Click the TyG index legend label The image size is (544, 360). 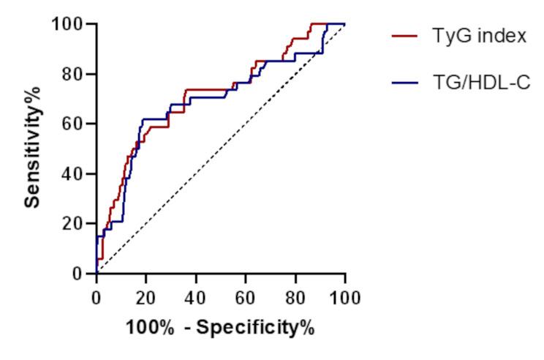[x=479, y=36]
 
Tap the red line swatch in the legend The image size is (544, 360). [x=405, y=36]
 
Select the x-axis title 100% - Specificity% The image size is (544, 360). [x=219, y=327]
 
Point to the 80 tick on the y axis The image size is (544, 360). [x=73, y=74]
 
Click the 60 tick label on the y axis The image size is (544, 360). [x=73, y=124]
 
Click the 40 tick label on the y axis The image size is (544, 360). [x=73, y=173]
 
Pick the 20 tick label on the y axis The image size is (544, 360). [x=73, y=223]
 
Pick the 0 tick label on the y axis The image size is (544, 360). [x=78, y=274]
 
